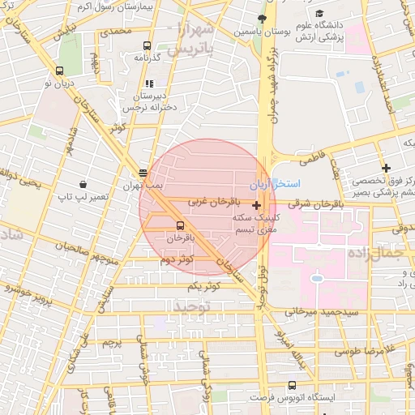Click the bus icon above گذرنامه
point(147,46)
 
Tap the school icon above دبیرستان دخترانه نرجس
point(148,83)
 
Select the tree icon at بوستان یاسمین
point(261,19)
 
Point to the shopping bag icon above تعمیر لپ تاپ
point(83,184)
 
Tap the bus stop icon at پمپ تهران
point(143,173)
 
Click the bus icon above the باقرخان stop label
point(179,225)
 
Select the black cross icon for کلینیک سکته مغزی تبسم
point(257,206)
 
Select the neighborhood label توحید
point(191,306)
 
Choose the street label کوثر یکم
point(204,286)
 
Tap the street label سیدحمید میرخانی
point(322,311)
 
